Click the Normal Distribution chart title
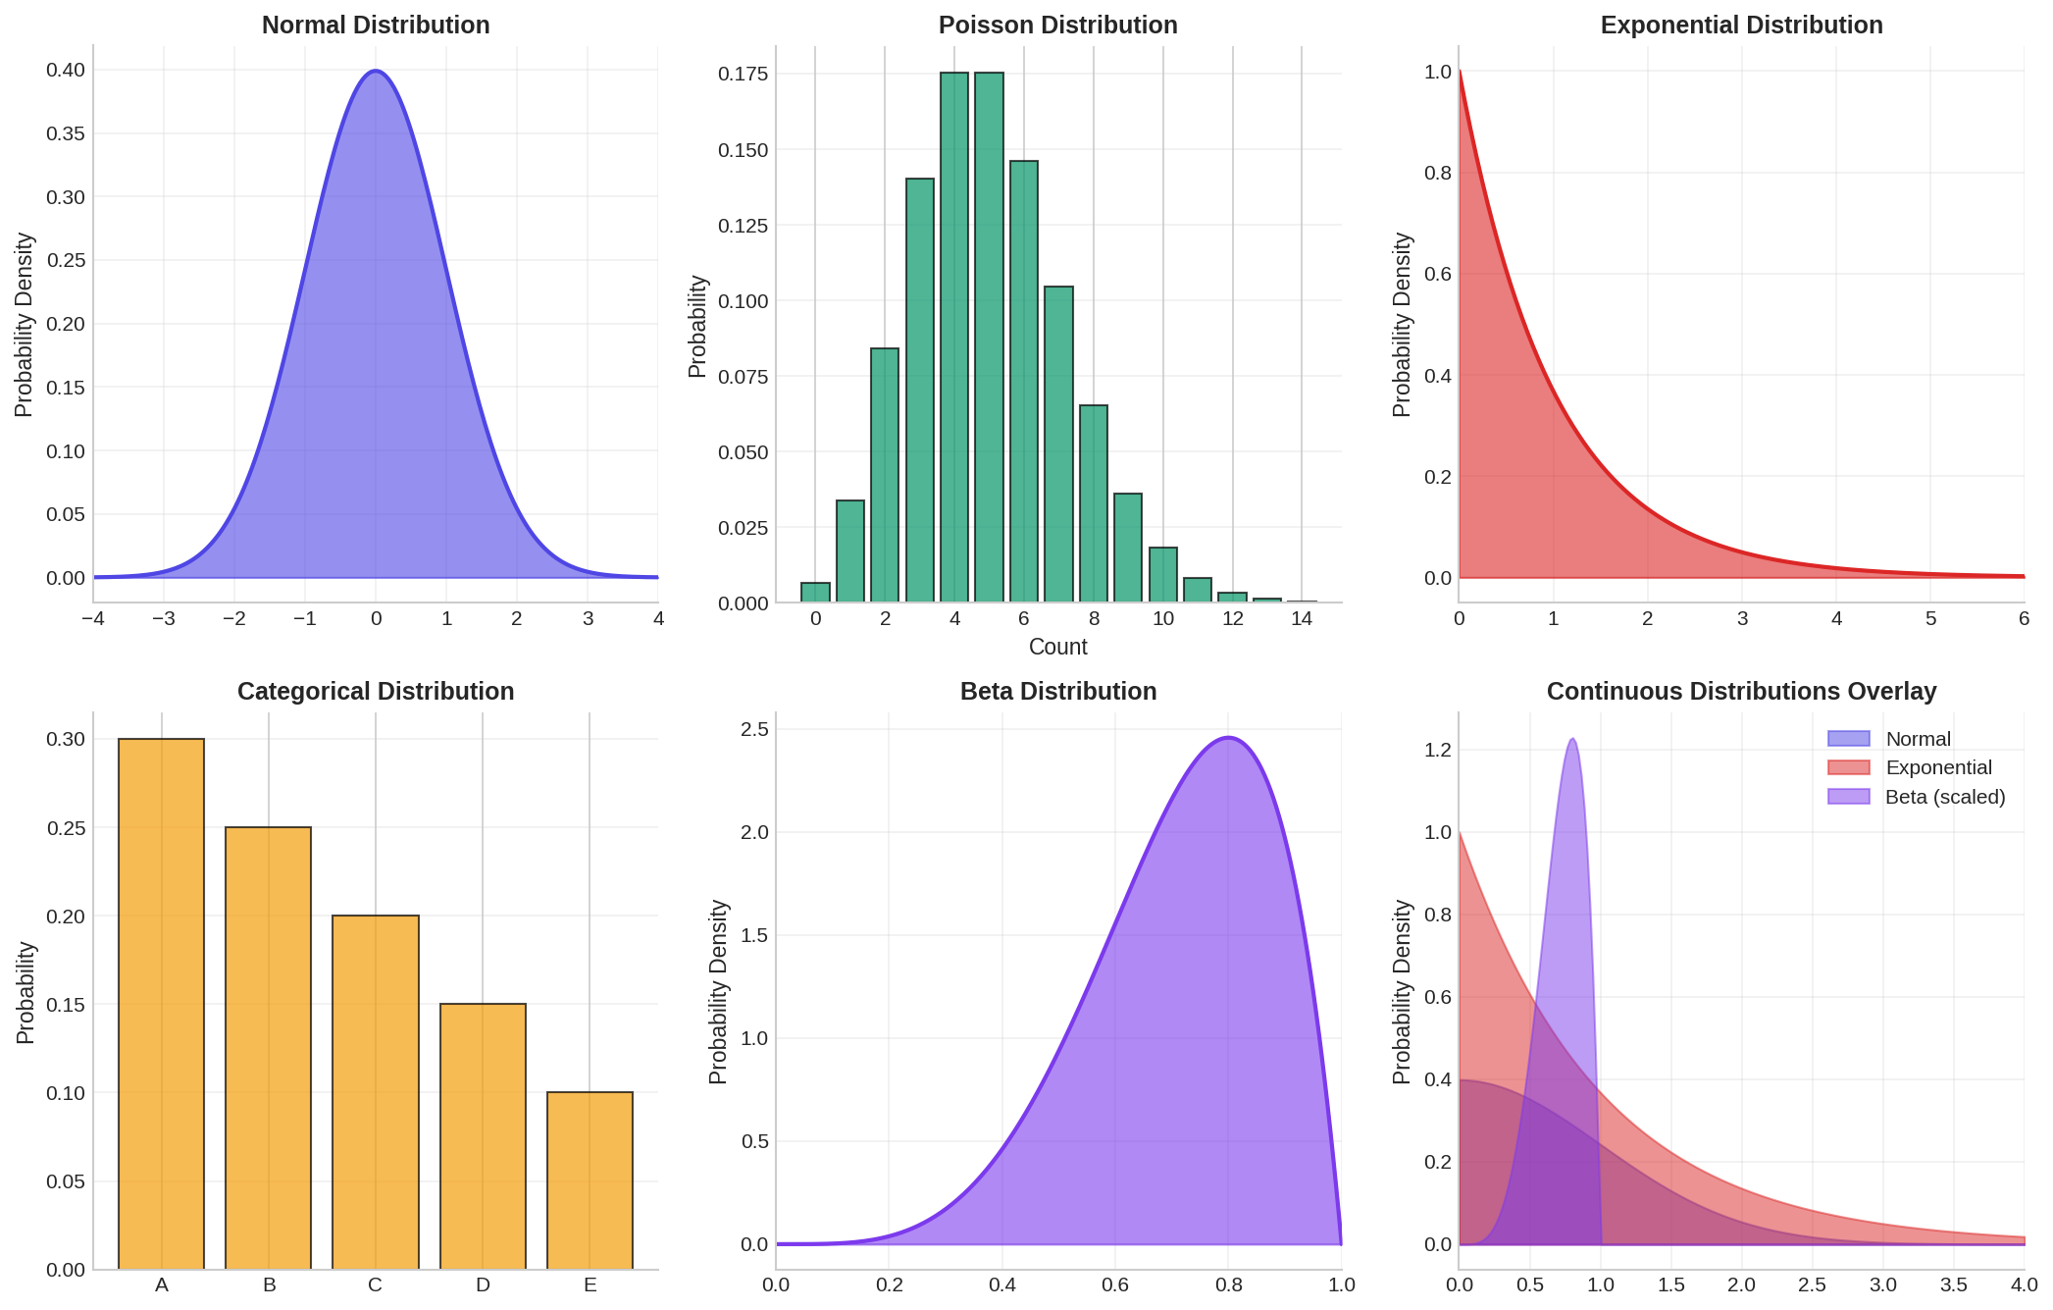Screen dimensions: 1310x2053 tap(375, 26)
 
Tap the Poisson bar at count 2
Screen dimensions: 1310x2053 tap(885, 475)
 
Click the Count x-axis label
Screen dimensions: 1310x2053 tap(1057, 648)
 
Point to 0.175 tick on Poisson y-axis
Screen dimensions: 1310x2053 tap(743, 75)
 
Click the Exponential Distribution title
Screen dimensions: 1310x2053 tap(1741, 26)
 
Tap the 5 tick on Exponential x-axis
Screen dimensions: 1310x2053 tap(1930, 619)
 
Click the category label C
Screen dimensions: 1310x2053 tap(375, 1285)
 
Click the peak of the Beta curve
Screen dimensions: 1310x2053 tap(1228, 738)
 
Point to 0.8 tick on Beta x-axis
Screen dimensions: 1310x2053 tap(1228, 1285)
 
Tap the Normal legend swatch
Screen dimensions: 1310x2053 tap(1848, 739)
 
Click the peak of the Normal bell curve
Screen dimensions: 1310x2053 tap(376, 71)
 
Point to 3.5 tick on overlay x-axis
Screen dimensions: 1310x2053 tap(1953, 1285)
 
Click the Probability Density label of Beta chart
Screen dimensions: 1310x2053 tap(718, 991)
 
